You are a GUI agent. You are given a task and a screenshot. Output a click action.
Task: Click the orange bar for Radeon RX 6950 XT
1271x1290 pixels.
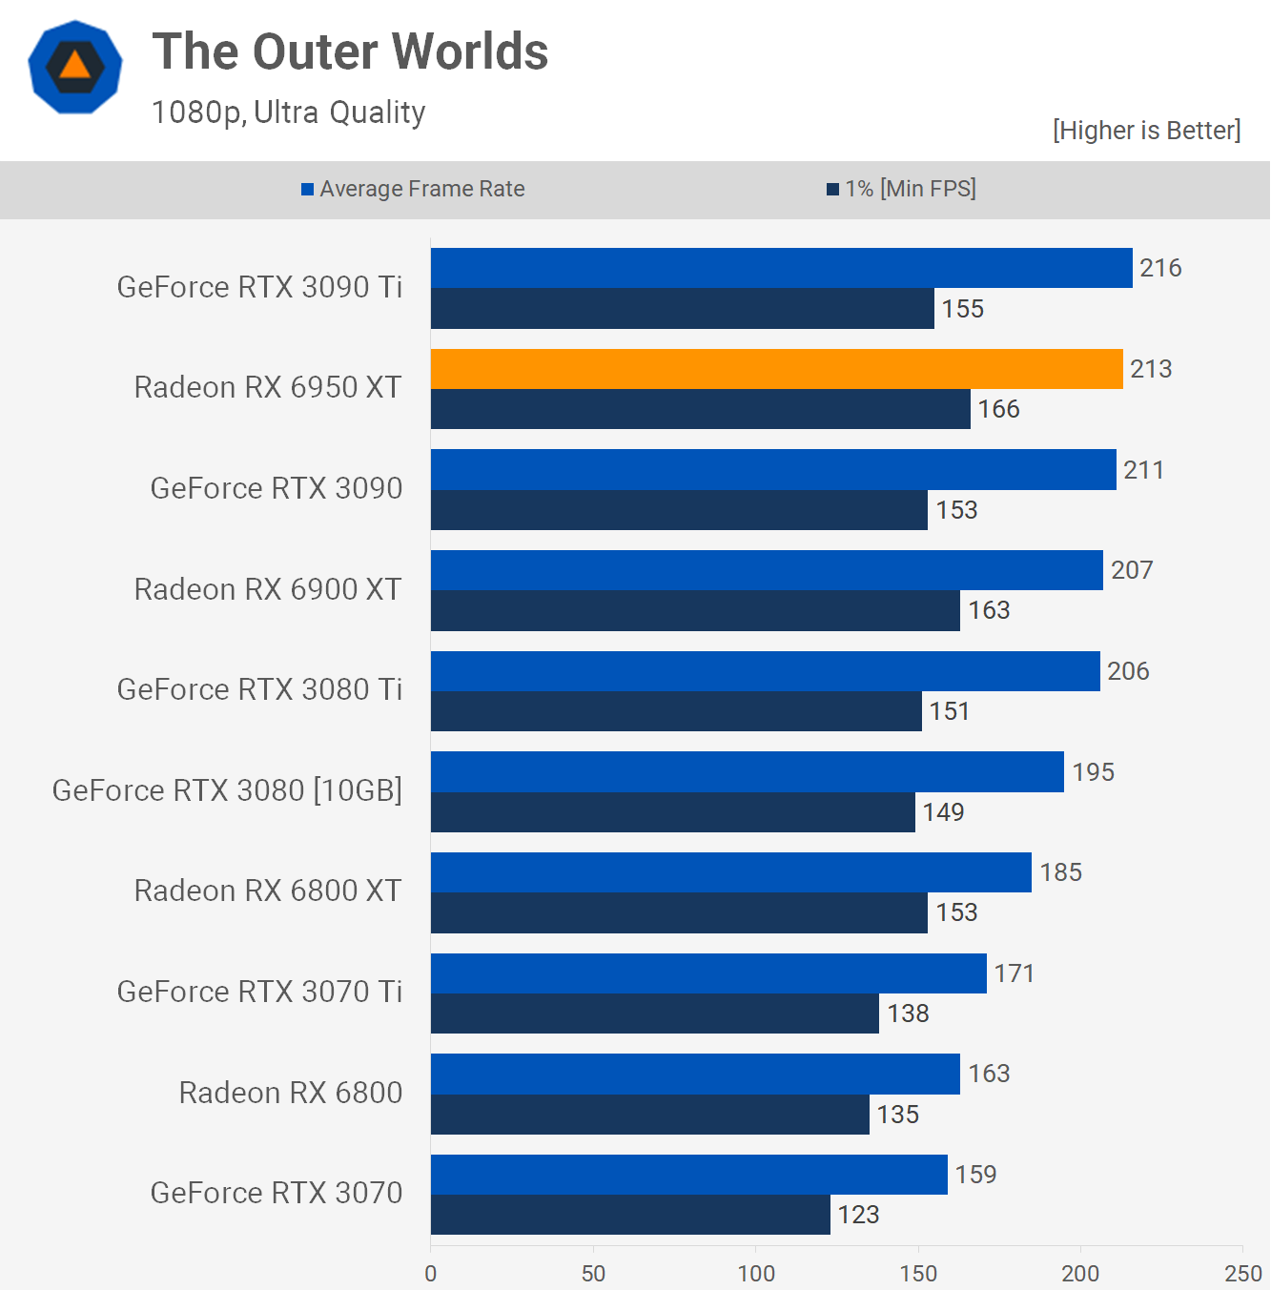pos(776,369)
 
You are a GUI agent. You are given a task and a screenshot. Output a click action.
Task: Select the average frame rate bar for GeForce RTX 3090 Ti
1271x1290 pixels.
pos(781,268)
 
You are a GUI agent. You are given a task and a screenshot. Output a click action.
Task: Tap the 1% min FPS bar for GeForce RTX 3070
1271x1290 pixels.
pos(630,1215)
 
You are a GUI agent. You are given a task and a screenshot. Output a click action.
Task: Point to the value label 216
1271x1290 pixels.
pos(1160,268)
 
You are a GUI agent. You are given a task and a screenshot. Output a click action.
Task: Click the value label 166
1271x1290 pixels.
pos(998,409)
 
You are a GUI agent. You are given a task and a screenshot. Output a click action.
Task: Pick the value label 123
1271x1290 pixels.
pos(858,1215)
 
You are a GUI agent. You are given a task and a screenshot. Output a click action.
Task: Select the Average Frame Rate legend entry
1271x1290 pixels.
pos(413,189)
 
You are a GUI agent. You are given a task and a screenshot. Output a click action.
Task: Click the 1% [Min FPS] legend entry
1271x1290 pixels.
pos(901,189)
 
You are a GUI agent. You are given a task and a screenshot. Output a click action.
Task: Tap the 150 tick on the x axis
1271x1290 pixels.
pos(918,1273)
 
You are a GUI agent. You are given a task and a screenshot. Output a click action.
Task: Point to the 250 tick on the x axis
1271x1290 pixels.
pos(1242,1273)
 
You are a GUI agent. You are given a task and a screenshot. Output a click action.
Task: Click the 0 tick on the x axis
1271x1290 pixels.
pos(431,1273)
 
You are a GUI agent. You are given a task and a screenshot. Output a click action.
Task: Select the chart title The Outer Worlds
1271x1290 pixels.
pos(350,51)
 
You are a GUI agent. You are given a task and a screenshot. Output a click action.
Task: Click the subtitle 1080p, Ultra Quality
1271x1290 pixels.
pos(288,113)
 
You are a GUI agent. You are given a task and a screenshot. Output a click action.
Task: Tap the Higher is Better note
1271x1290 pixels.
pos(1146,130)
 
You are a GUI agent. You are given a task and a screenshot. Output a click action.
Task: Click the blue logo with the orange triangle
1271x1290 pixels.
pos(75,67)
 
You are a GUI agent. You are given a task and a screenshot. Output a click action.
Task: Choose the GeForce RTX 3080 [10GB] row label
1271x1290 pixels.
pos(227,790)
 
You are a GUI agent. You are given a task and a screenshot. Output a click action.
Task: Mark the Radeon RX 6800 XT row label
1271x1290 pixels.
pos(268,891)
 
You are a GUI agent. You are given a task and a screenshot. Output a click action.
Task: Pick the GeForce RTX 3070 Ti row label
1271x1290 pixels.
pos(259,992)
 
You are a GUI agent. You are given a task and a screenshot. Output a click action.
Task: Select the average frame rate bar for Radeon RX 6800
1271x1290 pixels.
pos(695,1074)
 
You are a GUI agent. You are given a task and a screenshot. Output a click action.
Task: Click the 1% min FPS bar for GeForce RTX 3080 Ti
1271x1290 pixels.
pos(676,711)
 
